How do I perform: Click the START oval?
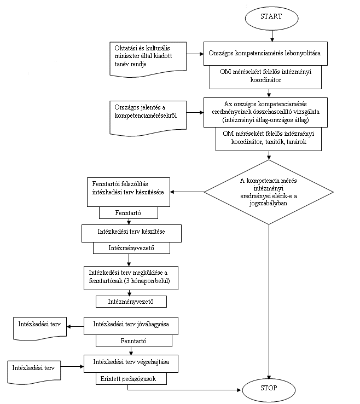coord(272,18)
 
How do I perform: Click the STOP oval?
coord(269,390)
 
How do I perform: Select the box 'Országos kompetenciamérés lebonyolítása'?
coord(265,54)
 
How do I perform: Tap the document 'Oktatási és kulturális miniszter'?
coord(148,59)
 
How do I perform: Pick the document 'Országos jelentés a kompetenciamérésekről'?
coord(148,118)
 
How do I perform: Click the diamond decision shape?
coord(269,192)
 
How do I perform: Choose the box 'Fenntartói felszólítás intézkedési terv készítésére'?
coord(129,192)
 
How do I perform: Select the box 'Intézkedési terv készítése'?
coord(132,233)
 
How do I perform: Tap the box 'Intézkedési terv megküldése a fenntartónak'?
coord(131,278)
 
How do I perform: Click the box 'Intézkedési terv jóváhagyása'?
coord(131,326)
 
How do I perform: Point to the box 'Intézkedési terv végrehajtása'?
coord(131,364)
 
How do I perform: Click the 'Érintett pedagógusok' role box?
coord(131,378)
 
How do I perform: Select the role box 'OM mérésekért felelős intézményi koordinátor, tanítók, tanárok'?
coord(269,139)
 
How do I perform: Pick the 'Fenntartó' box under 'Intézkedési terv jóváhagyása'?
coord(134,341)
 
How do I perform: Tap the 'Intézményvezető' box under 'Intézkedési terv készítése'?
coord(131,248)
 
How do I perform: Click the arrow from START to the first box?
coord(272,36)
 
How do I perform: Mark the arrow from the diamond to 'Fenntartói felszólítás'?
coord(187,192)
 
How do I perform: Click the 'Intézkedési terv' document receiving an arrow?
coord(40,329)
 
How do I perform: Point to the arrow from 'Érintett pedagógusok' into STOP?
coord(184,390)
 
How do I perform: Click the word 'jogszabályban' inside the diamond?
coord(268,203)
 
